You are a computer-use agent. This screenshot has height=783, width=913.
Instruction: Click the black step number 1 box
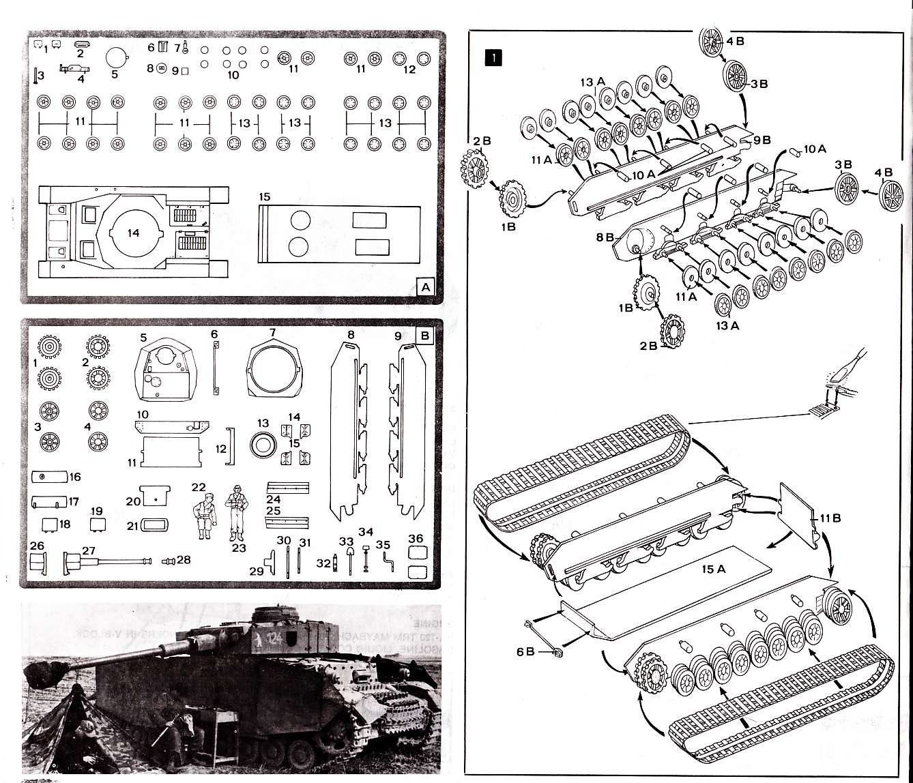tap(493, 57)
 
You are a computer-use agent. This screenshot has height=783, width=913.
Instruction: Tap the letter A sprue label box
tap(426, 287)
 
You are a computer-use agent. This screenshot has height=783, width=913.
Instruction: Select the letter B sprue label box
tap(424, 336)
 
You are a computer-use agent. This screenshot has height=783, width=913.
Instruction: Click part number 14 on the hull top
tap(133, 233)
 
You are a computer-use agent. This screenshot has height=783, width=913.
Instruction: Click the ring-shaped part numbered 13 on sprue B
tap(263, 444)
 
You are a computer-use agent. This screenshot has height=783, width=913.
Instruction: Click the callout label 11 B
tap(830, 518)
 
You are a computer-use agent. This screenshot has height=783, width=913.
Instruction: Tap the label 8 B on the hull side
tap(605, 238)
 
